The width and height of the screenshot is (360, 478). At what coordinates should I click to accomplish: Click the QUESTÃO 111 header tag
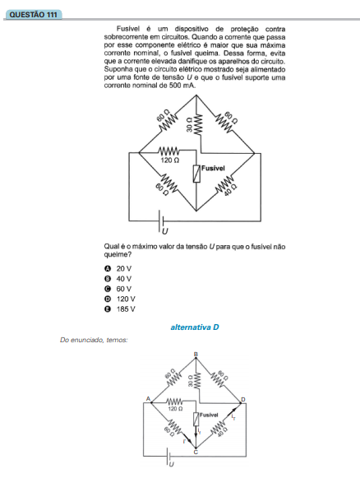(x=34, y=15)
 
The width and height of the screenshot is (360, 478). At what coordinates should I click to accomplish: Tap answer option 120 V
(x=120, y=299)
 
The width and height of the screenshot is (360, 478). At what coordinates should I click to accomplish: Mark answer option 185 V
(x=120, y=309)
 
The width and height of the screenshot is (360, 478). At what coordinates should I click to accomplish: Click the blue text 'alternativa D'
(x=195, y=327)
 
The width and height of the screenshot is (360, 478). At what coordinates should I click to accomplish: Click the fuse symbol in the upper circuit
(x=196, y=174)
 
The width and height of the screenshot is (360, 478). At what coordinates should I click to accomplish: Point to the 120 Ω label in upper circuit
(x=170, y=160)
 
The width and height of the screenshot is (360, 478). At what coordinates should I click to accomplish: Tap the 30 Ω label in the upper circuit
(x=189, y=125)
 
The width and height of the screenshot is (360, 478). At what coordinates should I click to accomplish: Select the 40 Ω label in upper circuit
(x=230, y=191)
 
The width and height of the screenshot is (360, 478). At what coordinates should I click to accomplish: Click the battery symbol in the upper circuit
(x=161, y=220)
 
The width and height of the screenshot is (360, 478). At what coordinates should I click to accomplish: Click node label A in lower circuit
(x=148, y=399)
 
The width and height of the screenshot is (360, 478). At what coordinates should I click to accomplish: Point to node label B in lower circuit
(x=196, y=355)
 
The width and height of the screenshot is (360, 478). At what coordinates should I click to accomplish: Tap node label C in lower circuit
(x=196, y=452)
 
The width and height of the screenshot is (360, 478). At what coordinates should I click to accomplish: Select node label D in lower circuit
(x=243, y=399)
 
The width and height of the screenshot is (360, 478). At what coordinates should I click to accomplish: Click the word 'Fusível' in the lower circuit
(x=209, y=415)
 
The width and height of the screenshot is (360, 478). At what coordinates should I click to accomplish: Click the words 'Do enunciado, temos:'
(x=94, y=340)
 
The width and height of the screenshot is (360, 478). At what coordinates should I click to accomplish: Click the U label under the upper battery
(x=164, y=232)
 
